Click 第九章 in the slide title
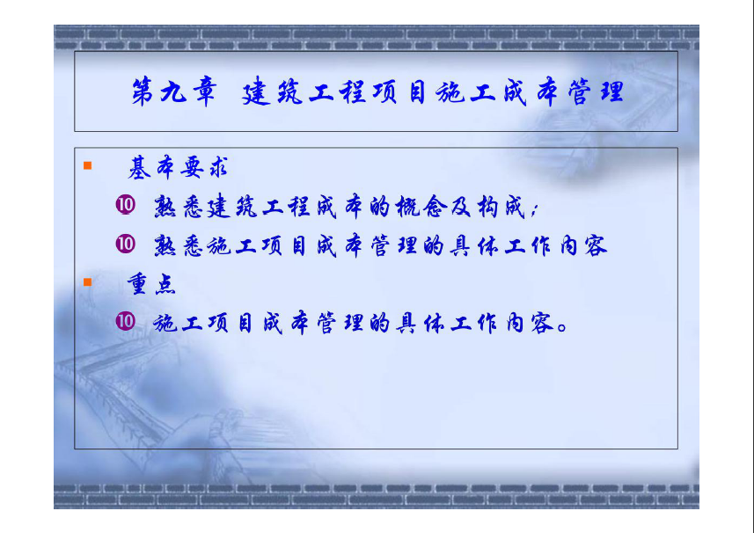(x=173, y=91)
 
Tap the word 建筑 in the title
(x=272, y=91)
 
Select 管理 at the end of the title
(x=596, y=91)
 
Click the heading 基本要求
(x=177, y=168)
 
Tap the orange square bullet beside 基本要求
(x=87, y=166)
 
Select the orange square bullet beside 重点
(x=87, y=282)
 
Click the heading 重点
(x=151, y=284)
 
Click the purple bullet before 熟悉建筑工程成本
(x=126, y=205)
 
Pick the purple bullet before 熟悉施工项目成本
(x=126, y=244)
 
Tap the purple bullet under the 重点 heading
(x=126, y=321)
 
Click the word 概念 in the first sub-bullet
(x=421, y=208)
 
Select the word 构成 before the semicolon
(x=501, y=208)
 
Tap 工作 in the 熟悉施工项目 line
(x=528, y=245)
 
